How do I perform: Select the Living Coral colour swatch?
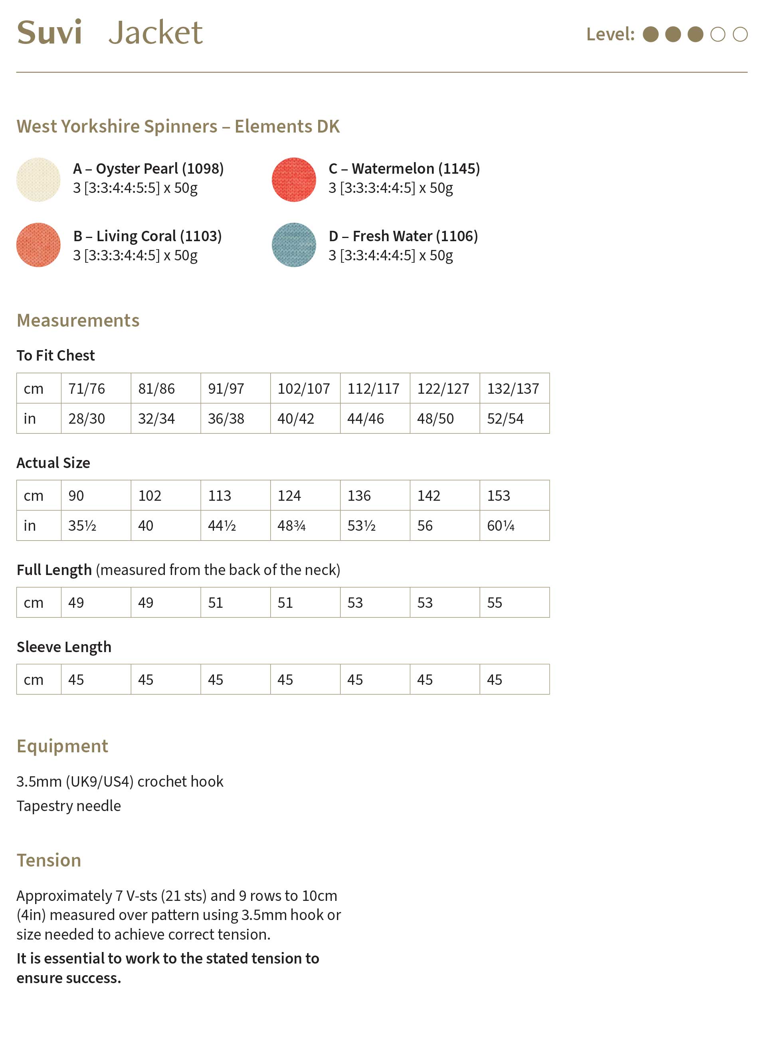(x=38, y=245)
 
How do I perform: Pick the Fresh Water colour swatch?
(x=294, y=245)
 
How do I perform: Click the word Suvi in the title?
(x=49, y=33)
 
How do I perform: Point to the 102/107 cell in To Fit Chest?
(x=304, y=389)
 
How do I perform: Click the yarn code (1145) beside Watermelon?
(x=459, y=169)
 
